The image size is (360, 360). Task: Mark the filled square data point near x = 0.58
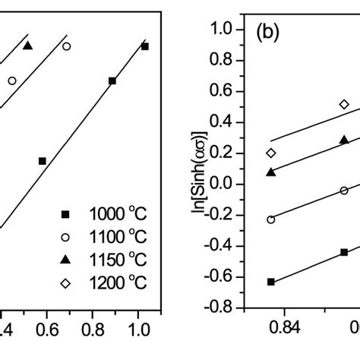pyautogui.click(x=43, y=161)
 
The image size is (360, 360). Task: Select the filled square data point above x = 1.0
pyautogui.click(x=144, y=46)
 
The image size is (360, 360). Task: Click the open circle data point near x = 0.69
pyautogui.click(x=66, y=46)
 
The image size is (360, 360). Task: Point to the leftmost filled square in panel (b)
pyautogui.click(x=271, y=282)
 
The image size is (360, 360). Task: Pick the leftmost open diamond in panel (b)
pyautogui.click(x=271, y=153)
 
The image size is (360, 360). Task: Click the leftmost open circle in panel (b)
pyautogui.click(x=271, y=219)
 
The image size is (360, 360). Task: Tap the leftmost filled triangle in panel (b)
pyautogui.click(x=271, y=172)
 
